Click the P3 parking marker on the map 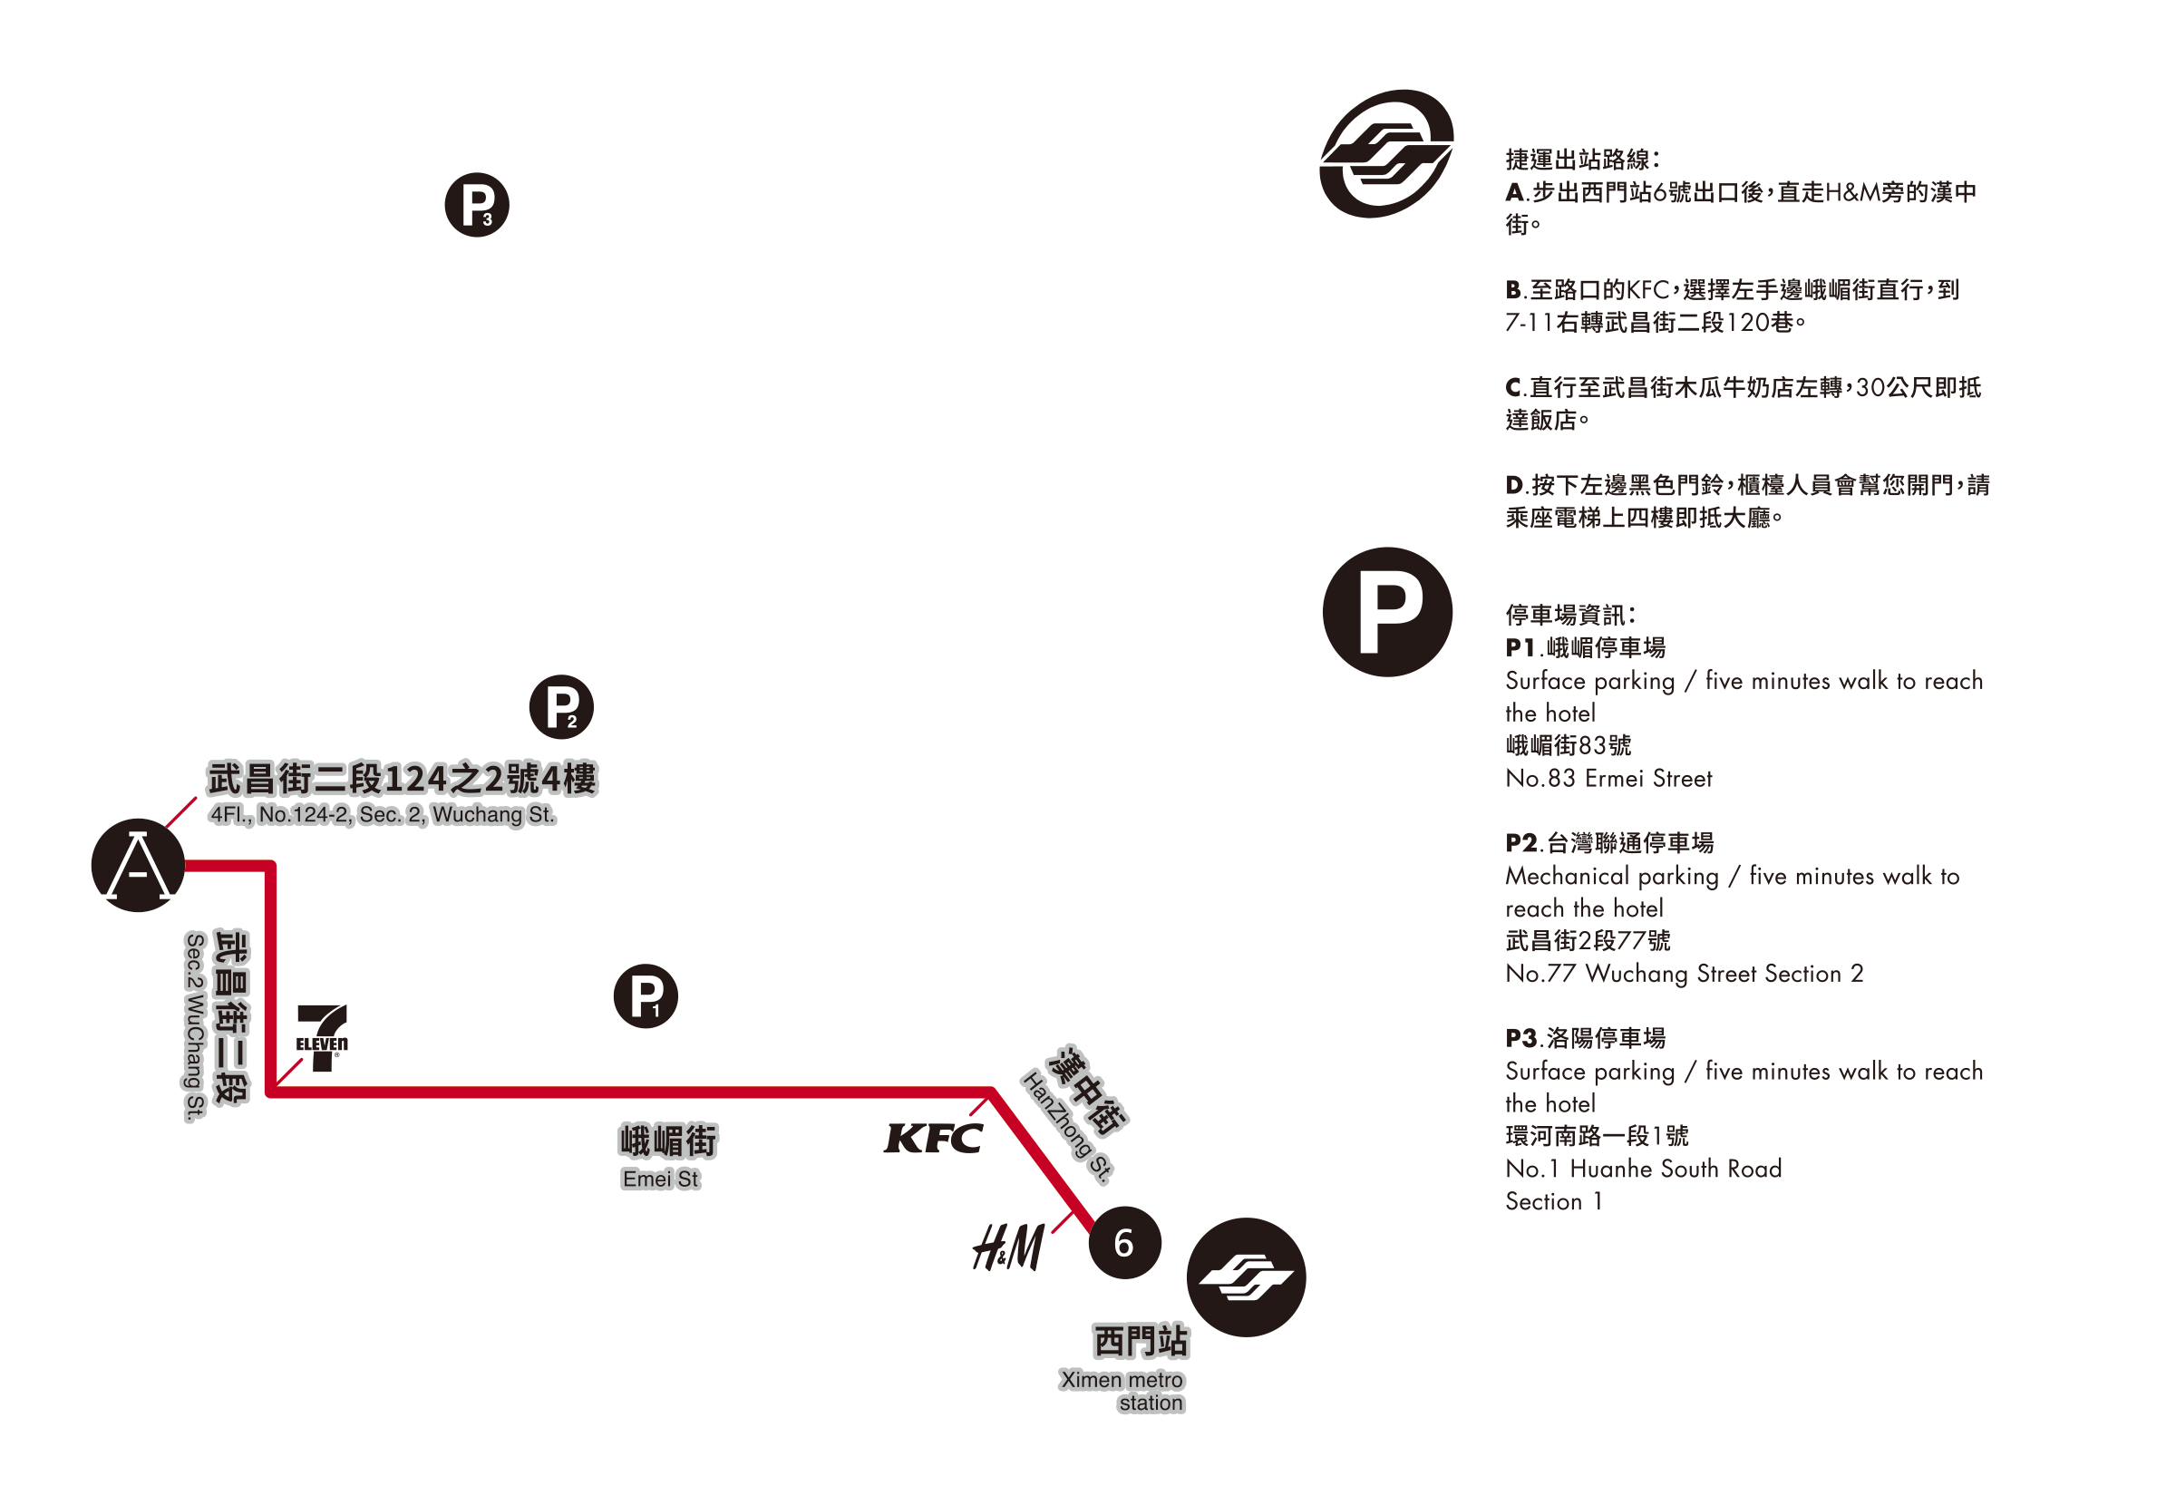point(477,205)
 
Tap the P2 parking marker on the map point(562,707)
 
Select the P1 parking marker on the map point(646,996)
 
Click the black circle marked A point(138,866)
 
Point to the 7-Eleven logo point(322,1038)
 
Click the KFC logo point(934,1139)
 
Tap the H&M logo point(1009,1247)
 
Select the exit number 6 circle point(1125,1243)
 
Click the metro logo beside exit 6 point(1246,1277)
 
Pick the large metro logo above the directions point(1387,154)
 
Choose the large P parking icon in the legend point(1388,613)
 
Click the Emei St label point(660,1179)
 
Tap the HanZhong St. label point(1068,1127)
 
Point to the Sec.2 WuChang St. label point(194,1026)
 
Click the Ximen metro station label point(1122,1391)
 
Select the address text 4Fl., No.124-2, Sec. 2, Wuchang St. point(384,815)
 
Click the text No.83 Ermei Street point(1608,779)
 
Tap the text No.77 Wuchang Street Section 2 point(1684,975)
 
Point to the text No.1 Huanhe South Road point(1643,1169)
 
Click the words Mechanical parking point(1612,877)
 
